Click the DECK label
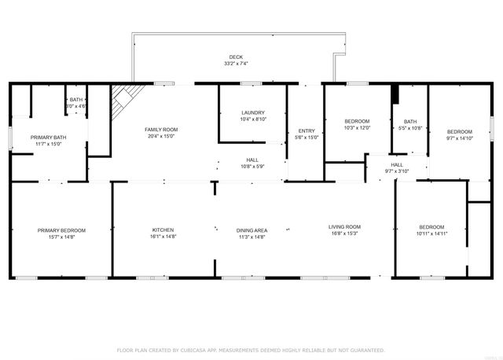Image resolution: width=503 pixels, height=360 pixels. click(236, 57)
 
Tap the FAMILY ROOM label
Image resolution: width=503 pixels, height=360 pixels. click(161, 129)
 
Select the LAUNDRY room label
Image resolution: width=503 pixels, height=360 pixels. click(252, 112)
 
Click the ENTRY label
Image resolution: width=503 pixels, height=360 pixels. click(305, 130)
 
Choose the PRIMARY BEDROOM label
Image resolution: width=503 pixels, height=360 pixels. click(61, 230)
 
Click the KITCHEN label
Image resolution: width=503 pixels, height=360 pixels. click(163, 230)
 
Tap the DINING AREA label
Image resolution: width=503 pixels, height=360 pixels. click(251, 230)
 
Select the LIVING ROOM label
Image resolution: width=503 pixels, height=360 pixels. click(344, 226)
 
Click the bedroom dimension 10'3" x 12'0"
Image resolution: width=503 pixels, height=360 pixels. click(357, 127)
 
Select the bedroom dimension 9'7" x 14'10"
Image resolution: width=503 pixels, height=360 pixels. click(460, 138)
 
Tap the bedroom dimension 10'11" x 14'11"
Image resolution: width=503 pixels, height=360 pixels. click(431, 233)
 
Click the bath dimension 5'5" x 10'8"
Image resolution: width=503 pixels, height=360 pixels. click(410, 127)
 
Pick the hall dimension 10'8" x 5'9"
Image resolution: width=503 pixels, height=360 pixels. click(251, 166)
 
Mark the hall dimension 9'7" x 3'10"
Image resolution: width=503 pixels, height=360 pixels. click(397, 171)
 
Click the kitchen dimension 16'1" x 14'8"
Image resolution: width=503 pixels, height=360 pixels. click(163, 237)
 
